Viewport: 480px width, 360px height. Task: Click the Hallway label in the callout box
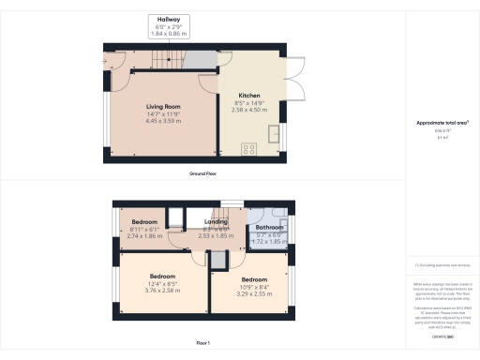169,19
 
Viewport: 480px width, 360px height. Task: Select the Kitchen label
249,96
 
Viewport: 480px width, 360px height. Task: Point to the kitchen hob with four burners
250,147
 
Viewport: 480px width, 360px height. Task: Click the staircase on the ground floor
165,62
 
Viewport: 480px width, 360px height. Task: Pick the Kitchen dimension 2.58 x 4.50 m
249,111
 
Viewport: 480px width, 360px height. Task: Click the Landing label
218,221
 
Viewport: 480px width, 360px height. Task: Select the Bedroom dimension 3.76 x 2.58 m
163,291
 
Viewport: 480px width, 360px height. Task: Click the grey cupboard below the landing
218,261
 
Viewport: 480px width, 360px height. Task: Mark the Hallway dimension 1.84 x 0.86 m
169,34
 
